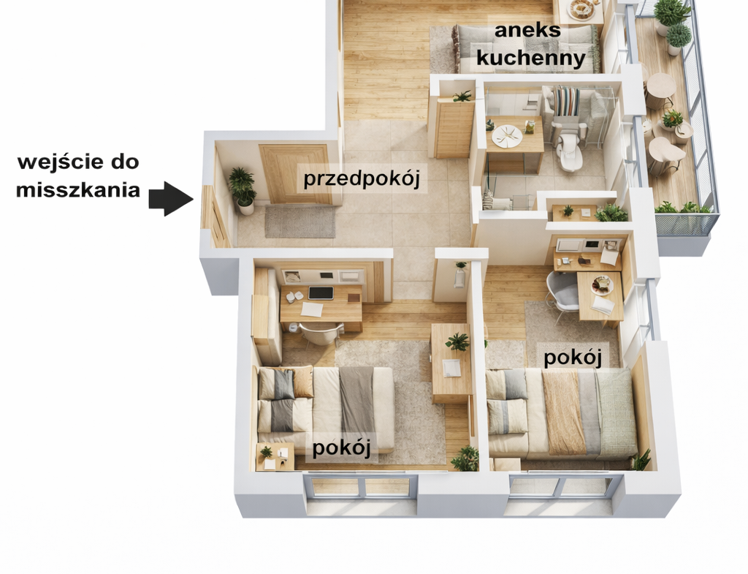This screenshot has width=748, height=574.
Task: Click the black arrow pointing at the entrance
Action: [171, 199]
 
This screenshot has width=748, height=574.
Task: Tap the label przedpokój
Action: [362, 179]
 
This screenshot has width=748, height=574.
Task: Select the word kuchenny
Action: [531, 58]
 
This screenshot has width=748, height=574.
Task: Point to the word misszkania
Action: [78, 190]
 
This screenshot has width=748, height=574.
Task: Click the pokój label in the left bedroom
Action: [342, 448]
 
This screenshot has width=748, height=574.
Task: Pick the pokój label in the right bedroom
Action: [573, 358]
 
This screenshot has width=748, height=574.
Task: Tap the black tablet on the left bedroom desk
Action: [321, 292]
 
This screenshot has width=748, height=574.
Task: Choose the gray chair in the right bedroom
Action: [562, 291]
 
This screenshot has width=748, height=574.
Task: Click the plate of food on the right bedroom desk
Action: [602, 284]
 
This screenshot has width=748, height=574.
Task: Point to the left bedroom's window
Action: [360, 492]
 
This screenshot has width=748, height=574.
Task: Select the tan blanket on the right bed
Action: [563, 412]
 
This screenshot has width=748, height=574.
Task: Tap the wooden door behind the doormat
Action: [296, 174]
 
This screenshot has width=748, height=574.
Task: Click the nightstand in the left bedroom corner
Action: [275, 457]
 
